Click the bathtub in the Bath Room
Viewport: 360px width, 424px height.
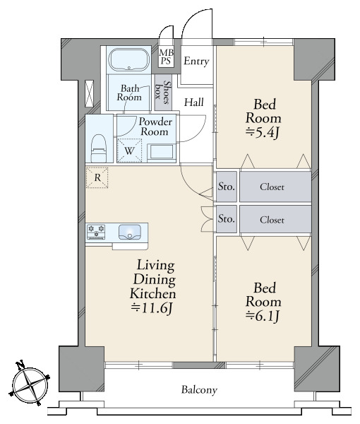click(x=128, y=60)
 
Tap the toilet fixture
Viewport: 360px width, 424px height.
click(x=98, y=148)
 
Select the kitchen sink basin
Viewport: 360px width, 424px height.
click(x=130, y=232)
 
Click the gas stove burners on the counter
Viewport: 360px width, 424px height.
click(x=96, y=232)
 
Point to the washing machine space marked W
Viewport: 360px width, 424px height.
click(x=129, y=151)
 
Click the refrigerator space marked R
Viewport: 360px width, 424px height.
click(x=97, y=177)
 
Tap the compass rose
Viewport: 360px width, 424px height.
click(x=30, y=384)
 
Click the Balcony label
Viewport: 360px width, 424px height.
click(x=199, y=390)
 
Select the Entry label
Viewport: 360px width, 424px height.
click(x=196, y=61)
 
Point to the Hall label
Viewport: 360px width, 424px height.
click(x=194, y=102)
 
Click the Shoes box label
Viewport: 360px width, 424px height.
click(x=163, y=93)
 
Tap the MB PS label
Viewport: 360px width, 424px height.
click(x=166, y=57)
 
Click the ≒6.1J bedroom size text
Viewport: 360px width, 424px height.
click(x=263, y=316)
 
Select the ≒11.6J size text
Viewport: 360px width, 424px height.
click(x=152, y=308)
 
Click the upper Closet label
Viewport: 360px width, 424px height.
click(x=272, y=187)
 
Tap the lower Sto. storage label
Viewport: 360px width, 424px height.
click(x=227, y=218)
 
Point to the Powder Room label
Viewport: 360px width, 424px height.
click(x=155, y=126)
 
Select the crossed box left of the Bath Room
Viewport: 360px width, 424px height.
click(x=89, y=93)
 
